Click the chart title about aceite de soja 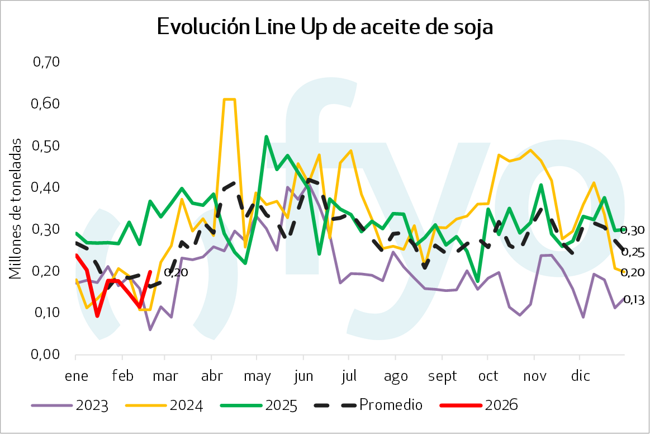(325, 26)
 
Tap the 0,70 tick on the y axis (46, 62)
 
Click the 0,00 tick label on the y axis (46, 355)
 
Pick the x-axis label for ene (77, 376)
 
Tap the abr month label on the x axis (212, 376)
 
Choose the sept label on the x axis (442, 376)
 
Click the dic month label (581, 376)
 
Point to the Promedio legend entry (391, 405)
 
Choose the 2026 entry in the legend (502, 405)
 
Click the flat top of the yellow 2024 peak (229, 100)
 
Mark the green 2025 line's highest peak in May (266, 136)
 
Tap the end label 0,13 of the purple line (633, 300)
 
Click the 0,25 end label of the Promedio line (633, 252)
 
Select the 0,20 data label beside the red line (175, 273)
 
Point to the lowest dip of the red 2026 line (97, 316)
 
